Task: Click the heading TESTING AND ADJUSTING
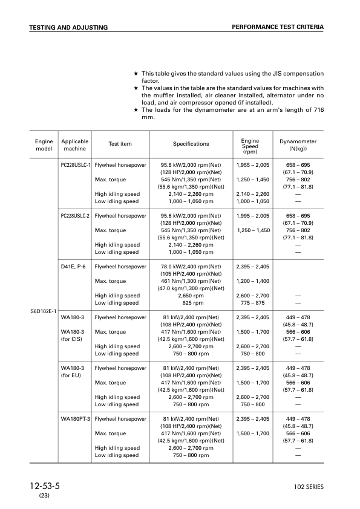[68, 28]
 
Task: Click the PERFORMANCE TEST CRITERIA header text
[278, 27]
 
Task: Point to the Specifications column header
[191, 144]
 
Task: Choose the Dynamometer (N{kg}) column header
[298, 144]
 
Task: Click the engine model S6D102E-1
[44, 311]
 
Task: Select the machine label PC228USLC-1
[76, 165]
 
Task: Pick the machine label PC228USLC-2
[76, 216]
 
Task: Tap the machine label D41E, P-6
[73, 267]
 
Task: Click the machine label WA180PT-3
[76, 418]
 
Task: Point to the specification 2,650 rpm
[191, 296]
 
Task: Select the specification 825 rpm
[191, 303]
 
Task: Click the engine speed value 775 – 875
[254, 303]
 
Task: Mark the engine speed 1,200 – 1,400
[254, 281]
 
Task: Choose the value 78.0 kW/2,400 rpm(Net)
[191, 267]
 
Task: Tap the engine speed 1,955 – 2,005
[254, 165]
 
